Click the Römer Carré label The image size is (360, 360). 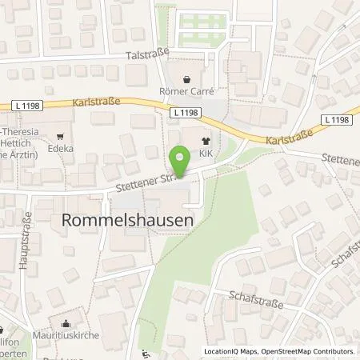(187, 92)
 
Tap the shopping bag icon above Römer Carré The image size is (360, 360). (187, 79)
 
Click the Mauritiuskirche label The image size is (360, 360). (66, 335)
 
